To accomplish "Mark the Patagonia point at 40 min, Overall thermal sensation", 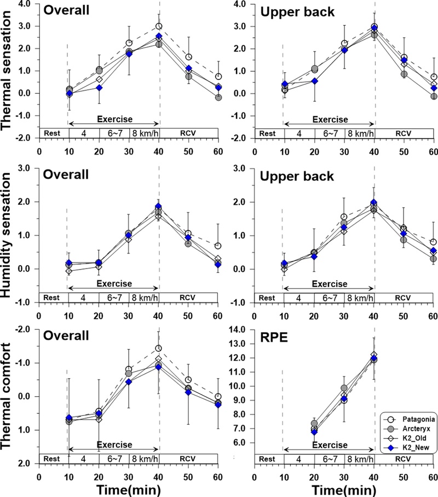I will click(159, 26).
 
